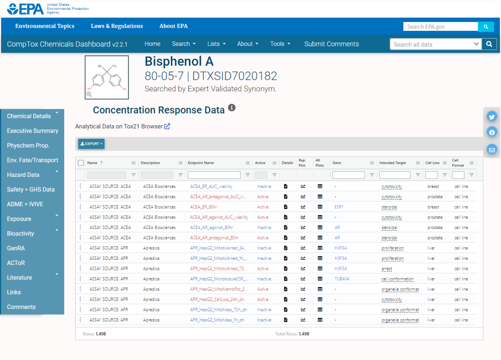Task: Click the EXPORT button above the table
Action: tap(91, 143)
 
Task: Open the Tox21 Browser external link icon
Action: tap(167, 126)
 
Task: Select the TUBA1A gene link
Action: tap(342, 279)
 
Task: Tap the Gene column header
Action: tap(337, 163)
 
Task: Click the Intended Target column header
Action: tap(392, 163)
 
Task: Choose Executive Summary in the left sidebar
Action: tap(32, 131)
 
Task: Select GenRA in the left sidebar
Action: tap(16, 248)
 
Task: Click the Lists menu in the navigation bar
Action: tap(216, 44)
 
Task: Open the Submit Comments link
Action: tap(331, 44)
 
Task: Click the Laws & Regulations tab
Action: tap(116, 26)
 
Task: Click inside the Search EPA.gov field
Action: tap(440, 27)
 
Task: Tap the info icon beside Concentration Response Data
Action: tap(232, 108)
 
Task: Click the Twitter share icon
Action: tap(492, 116)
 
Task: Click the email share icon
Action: tap(492, 150)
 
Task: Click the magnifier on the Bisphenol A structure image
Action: tap(89, 94)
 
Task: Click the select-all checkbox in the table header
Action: tap(81, 163)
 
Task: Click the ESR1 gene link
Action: tap(339, 207)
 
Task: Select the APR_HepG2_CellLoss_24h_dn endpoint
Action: tap(218, 299)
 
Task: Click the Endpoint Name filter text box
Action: tap(214, 175)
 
